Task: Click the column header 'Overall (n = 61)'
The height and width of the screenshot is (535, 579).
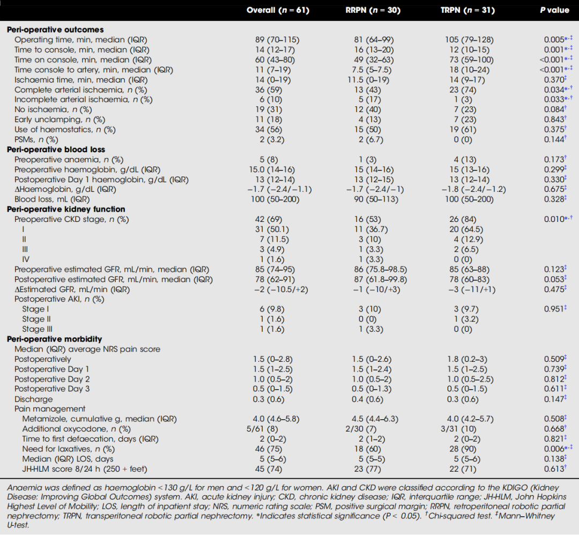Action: (x=278, y=10)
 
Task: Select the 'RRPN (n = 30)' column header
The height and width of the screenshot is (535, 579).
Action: (x=373, y=10)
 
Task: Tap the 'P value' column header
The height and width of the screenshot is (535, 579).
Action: (x=554, y=10)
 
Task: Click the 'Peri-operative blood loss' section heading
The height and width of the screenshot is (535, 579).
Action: (x=56, y=150)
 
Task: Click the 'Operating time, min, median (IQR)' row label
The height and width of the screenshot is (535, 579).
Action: (x=80, y=40)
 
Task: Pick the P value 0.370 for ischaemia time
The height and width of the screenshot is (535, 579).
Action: (x=553, y=79)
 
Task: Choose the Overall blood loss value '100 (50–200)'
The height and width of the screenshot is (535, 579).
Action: (x=277, y=199)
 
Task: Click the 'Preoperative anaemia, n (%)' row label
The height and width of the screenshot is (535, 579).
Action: (x=69, y=160)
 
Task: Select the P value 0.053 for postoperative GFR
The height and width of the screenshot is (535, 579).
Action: (x=553, y=279)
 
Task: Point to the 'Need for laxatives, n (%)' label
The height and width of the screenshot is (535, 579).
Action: (x=68, y=449)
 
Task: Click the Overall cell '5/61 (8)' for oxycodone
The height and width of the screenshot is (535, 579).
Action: (x=277, y=429)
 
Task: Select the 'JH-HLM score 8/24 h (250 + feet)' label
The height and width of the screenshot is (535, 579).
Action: (x=80, y=469)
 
